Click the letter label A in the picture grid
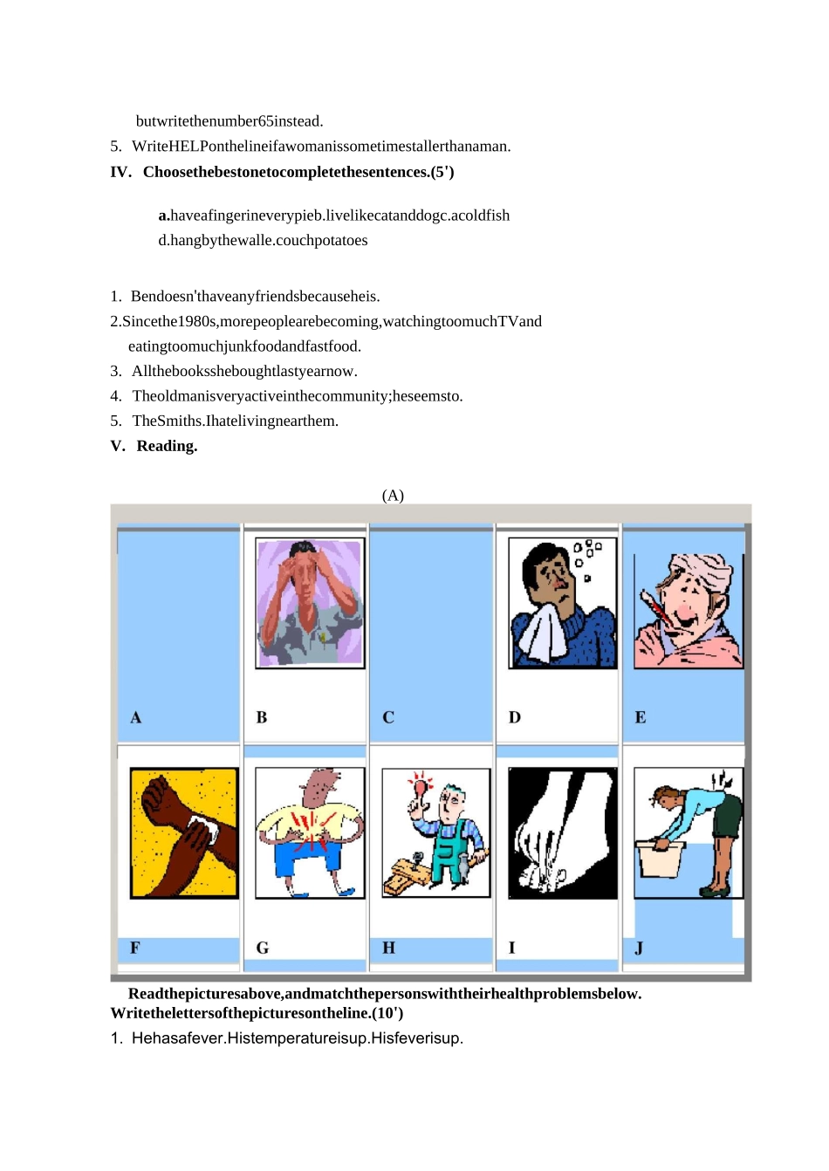coord(135,717)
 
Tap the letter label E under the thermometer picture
coord(641,717)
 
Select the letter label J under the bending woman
coord(639,948)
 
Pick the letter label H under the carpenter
coord(388,948)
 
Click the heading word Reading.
coord(167,446)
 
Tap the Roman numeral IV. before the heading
coord(120,172)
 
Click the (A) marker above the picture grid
coord(393,495)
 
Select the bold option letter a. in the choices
coord(164,216)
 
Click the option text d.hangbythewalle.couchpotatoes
coord(263,241)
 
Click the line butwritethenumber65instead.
coord(230,121)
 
